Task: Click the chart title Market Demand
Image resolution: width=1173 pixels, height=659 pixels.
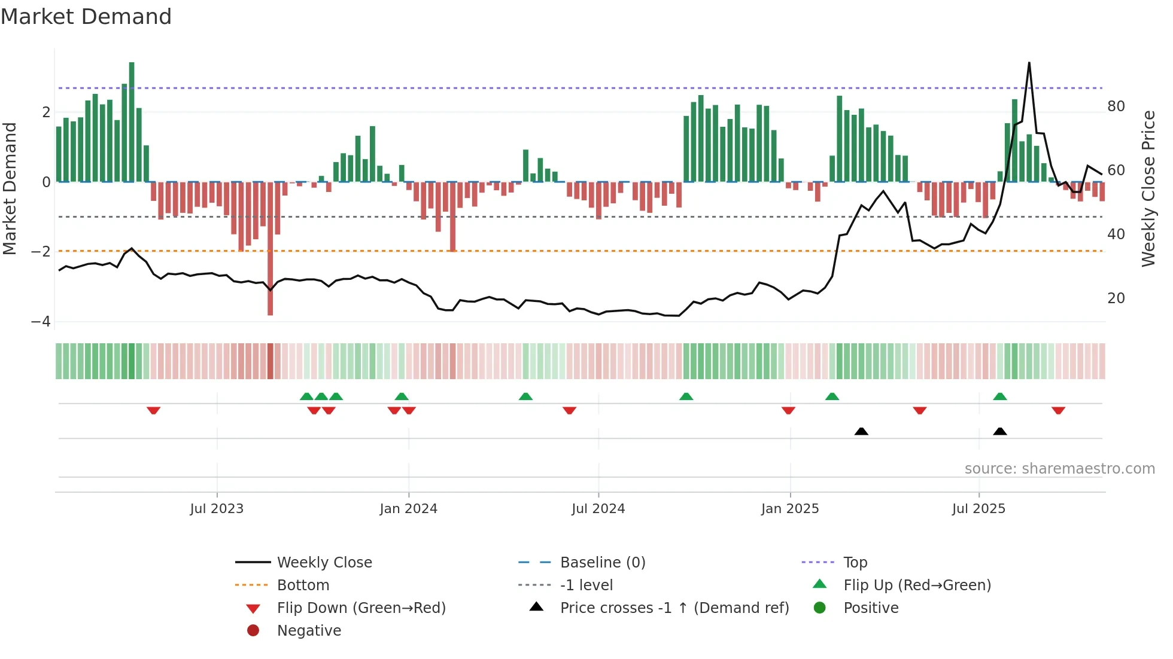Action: pos(86,17)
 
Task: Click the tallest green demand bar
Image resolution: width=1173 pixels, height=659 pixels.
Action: pos(132,122)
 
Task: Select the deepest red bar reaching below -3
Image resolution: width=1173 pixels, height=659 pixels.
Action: pos(271,251)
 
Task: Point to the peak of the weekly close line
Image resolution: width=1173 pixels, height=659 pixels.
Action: pos(1029,63)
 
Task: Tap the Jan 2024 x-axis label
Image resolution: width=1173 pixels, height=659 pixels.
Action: pos(409,509)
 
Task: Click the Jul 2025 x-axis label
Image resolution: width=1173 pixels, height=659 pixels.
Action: pos(978,509)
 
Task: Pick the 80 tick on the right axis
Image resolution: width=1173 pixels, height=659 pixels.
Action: pos(1116,106)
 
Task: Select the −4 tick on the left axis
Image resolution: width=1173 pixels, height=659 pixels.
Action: pos(41,322)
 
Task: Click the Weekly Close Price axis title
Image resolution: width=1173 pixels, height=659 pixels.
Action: pos(1148,188)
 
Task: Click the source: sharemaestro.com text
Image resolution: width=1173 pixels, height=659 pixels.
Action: pos(1059,469)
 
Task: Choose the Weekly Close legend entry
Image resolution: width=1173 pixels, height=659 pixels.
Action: pos(324,563)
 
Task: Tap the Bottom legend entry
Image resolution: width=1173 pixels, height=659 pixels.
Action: pos(303,585)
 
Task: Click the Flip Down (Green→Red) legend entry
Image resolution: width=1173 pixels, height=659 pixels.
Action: pos(361,608)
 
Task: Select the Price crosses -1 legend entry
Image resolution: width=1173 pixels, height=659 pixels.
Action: pos(674,608)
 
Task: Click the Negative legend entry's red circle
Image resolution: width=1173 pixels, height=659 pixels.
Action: pos(253,631)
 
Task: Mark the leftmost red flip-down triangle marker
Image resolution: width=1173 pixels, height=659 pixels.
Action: pos(154,411)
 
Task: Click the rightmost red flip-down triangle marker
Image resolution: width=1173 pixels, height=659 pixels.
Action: pos(1058,411)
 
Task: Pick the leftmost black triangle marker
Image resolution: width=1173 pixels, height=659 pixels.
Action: pos(861,431)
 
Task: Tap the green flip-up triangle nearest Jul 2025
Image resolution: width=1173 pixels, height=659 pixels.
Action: pos(1000,396)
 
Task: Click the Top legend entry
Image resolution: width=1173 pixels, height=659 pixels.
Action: pos(855,563)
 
